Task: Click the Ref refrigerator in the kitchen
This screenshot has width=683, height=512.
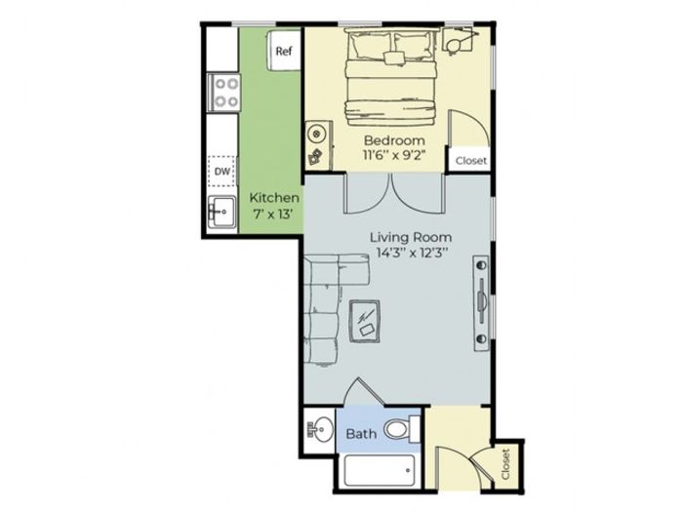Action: point(284,50)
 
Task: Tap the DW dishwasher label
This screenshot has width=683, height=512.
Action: point(222,171)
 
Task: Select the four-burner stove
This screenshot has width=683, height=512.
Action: point(223,93)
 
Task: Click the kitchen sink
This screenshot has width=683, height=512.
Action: point(222,212)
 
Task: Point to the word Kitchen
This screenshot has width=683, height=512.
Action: point(274,198)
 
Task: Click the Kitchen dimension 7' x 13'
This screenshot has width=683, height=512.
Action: point(272,215)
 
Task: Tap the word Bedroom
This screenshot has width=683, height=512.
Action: point(394,140)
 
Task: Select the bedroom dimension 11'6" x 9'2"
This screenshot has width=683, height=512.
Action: point(394,155)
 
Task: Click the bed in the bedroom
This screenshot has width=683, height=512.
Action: point(390,77)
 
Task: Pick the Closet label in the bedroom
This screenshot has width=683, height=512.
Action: point(471,161)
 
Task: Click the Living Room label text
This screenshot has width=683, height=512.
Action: point(411,237)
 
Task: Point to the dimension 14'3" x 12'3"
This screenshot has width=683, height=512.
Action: point(412,253)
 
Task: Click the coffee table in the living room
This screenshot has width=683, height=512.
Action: point(365,321)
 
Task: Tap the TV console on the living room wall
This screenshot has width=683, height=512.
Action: point(481,303)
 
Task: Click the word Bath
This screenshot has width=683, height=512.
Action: point(361,434)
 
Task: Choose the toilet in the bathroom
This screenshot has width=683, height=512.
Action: point(402,428)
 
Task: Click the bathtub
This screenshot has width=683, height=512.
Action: point(380,471)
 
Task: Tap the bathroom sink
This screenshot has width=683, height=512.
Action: point(318,429)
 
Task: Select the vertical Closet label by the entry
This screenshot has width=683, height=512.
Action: point(505,464)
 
